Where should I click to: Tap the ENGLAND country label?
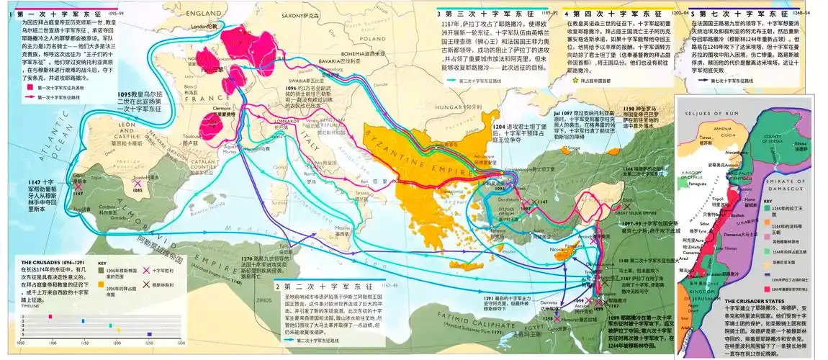pos(204,14)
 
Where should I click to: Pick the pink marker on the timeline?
pos(50,316)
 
